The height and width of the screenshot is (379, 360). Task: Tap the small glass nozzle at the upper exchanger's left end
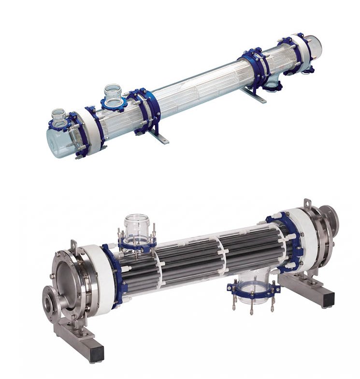coord(58,116)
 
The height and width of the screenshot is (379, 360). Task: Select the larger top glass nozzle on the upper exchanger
coord(113,94)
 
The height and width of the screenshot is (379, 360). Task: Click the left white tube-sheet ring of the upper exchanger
coord(94,128)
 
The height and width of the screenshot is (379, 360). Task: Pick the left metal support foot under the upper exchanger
coord(160,135)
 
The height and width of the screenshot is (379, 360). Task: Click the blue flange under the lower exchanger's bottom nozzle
coord(254,291)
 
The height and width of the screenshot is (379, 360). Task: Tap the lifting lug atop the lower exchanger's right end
coord(308,205)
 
